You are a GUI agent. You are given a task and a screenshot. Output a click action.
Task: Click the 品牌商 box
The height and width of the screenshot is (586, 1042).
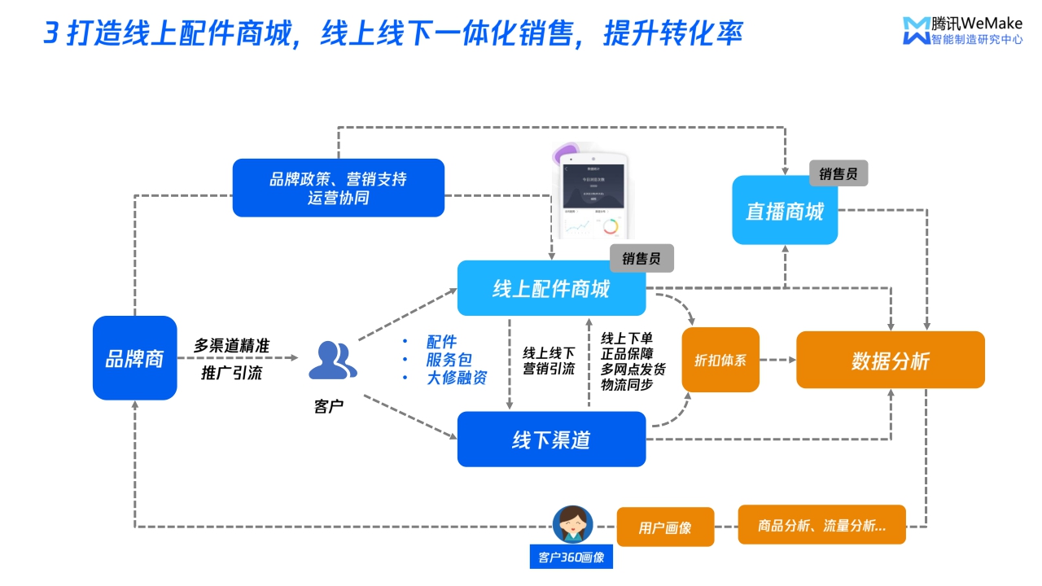click(134, 358)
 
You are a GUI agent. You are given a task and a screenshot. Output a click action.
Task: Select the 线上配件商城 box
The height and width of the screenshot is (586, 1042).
click(551, 288)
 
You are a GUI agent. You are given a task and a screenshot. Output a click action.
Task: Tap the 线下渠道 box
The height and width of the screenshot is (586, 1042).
click(551, 439)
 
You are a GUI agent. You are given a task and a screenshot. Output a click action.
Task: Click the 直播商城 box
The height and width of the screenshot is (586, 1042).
click(785, 211)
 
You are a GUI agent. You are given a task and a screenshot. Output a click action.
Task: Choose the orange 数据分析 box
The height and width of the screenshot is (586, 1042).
click(890, 360)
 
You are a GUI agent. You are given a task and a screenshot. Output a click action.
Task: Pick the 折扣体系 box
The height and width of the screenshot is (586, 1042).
click(720, 360)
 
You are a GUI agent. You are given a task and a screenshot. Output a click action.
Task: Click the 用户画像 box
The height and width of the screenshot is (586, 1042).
click(665, 527)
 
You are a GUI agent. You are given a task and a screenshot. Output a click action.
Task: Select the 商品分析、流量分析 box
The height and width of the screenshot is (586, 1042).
click(821, 525)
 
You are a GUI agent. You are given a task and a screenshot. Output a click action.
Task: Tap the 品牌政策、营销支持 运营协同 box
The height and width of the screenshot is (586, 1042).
click(339, 188)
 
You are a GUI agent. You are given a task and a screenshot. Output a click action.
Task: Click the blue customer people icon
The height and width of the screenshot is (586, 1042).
click(332, 361)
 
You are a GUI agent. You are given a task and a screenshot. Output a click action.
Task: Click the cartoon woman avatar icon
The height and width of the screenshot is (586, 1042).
click(572, 524)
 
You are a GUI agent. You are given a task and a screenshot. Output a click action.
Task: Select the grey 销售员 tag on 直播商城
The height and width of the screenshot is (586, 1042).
click(838, 173)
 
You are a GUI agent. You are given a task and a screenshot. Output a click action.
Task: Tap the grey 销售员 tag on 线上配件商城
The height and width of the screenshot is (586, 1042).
click(641, 259)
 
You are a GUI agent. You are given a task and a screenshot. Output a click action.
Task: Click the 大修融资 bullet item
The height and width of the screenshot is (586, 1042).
click(457, 378)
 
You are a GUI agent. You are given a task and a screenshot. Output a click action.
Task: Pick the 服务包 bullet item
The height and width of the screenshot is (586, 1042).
click(449, 360)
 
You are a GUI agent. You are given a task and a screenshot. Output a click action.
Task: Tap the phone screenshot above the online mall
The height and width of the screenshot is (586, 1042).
click(592, 196)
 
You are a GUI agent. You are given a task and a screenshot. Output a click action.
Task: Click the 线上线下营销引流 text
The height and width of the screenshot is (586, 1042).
click(549, 361)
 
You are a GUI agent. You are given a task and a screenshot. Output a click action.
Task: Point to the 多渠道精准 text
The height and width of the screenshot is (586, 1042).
click(232, 346)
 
